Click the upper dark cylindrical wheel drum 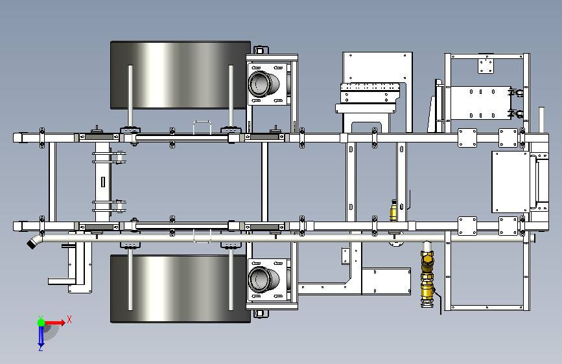pos(181,75)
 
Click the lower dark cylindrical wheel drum pos(181,289)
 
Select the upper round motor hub pos(263,84)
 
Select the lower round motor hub pos(263,279)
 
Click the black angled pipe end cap pos(32,244)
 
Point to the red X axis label pos(69,319)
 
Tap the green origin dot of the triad pos(41,323)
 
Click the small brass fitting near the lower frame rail pos(393,211)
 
